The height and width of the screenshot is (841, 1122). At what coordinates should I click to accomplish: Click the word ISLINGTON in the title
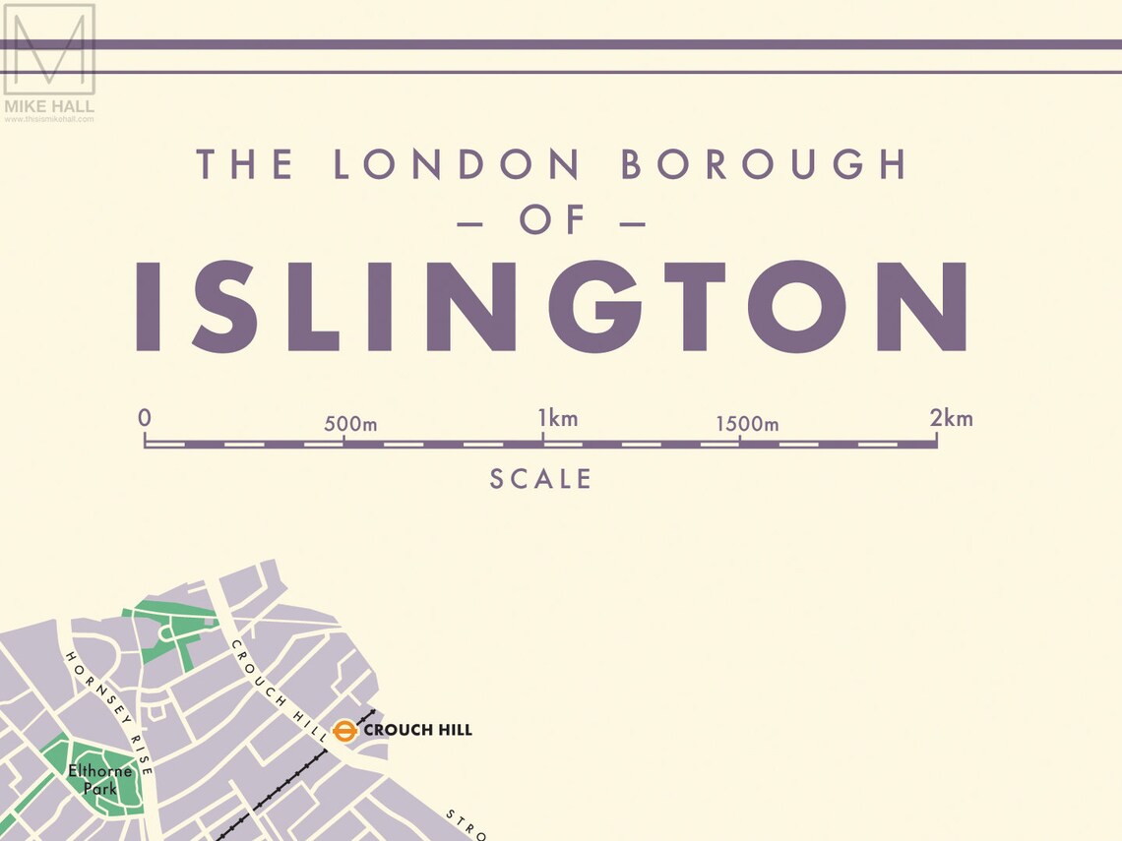point(551,306)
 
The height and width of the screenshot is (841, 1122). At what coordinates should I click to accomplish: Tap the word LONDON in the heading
point(457,164)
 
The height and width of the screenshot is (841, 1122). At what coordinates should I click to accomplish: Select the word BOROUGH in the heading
point(764,164)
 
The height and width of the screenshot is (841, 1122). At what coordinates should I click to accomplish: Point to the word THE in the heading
point(244,164)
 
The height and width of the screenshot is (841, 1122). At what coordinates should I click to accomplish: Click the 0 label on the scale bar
point(145,417)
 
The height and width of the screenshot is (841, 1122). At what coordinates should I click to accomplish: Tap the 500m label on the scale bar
point(350,425)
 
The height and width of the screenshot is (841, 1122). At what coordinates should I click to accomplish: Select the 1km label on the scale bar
point(557,418)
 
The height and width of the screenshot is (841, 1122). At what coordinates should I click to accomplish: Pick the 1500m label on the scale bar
point(746,424)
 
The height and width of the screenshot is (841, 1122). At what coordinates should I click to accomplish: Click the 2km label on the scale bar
point(951,418)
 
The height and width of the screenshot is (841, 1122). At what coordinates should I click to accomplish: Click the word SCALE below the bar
point(541,479)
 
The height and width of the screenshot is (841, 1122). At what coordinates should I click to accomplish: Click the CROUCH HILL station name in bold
point(417,730)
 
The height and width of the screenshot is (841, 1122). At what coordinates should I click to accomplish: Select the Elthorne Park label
point(99,780)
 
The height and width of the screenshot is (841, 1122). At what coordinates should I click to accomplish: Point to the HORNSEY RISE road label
point(109,712)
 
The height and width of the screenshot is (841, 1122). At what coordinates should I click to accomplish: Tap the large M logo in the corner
point(49,49)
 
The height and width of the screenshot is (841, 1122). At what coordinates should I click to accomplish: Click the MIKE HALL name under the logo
point(49,106)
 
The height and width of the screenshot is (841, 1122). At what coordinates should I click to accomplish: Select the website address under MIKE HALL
point(49,119)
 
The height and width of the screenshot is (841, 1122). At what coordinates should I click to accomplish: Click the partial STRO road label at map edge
point(466,824)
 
